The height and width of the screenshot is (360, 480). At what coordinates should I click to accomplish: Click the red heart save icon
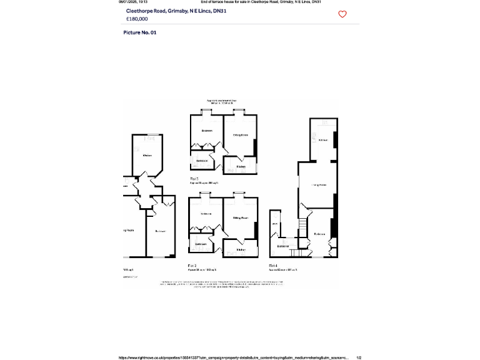[x=342, y=14]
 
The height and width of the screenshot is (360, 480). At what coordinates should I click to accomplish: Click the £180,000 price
[x=137, y=19]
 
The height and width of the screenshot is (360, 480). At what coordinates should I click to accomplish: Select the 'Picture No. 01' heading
[x=139, y=32]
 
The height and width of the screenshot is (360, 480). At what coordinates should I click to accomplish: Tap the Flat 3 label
[x=194, y=179]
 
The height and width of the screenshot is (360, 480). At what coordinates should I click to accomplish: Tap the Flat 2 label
[x=193, y=266]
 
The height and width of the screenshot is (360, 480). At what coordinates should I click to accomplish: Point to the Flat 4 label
[x=273, y=266]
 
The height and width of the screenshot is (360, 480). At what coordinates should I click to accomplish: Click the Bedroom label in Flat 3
[x=207, y=130]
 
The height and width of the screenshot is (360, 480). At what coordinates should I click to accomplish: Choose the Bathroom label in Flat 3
[x=202, y=161]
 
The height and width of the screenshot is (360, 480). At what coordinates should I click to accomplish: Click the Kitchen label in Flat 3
[x=241, y=166]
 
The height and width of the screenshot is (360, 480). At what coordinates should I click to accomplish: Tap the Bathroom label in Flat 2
[x=201, y=243]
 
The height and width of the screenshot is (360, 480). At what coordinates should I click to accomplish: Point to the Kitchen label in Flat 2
[x=241, y=250]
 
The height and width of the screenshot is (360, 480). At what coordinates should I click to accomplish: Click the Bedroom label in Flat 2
[x=206, y=214]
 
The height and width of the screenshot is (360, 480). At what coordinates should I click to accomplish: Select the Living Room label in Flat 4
[x=319, y=184]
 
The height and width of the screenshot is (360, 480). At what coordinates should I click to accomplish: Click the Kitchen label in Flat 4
[x=323, y=140]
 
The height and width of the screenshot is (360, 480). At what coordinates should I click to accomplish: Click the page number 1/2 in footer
[x=359, y=357]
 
